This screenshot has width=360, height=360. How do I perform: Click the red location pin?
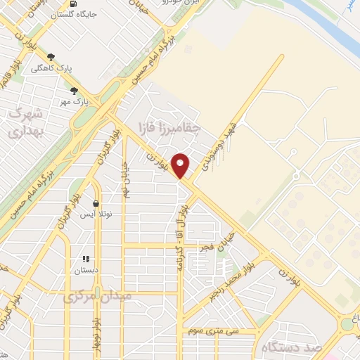181,165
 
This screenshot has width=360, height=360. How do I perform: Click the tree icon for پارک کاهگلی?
51,58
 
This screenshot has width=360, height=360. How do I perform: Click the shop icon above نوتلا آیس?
96,204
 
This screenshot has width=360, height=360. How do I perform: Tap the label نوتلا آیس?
95,214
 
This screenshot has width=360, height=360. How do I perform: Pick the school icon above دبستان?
87,259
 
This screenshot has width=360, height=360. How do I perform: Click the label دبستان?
87,270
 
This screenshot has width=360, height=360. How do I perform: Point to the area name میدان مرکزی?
97,297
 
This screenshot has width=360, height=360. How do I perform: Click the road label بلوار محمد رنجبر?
232,280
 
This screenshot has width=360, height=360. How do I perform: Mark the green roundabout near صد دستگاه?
348,324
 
